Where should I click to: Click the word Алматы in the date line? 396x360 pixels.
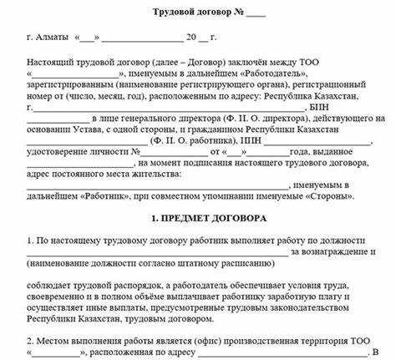pos(51,38)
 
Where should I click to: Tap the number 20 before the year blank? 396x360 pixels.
pos(191,38)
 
